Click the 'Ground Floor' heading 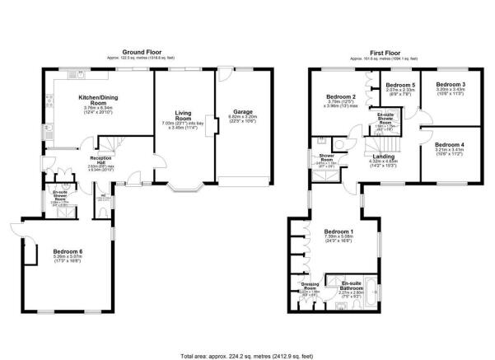coord(137,51)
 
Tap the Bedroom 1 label coord(339,231)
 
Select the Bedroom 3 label coord(450,85)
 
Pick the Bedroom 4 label coord(449,145)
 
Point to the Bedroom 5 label coord(400,85)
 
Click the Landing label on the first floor coord(385,154)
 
